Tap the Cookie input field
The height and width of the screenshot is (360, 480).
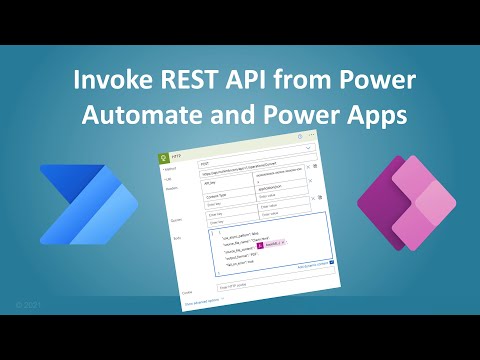point(245,289)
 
